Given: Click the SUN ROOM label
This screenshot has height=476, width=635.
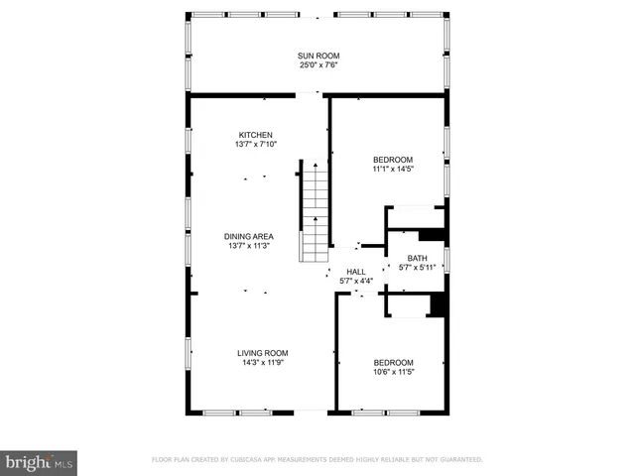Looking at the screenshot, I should tap(318, 57).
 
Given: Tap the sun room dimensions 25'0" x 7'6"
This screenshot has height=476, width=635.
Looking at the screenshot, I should tap(318, 66).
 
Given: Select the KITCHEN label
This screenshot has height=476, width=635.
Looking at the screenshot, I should tap(255, 135).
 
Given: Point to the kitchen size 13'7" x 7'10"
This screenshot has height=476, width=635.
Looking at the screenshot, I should tap(255, 145).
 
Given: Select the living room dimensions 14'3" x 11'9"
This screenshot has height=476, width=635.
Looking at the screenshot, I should tap(262, 364).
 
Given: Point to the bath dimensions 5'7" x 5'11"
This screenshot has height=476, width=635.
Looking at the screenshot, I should tap(418, 267).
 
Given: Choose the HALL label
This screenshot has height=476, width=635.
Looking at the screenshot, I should tap(355, 272).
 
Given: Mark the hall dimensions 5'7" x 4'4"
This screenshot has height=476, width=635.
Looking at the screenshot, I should tap(355, 282).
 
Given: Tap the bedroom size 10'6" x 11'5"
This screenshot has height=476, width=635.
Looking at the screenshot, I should tap(393, 373).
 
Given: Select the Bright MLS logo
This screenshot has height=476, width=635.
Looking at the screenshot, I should tap(40, 461).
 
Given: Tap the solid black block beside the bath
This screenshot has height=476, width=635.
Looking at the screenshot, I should tap(432, 236).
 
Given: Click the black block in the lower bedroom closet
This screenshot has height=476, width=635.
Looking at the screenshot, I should tap(436, 304).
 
